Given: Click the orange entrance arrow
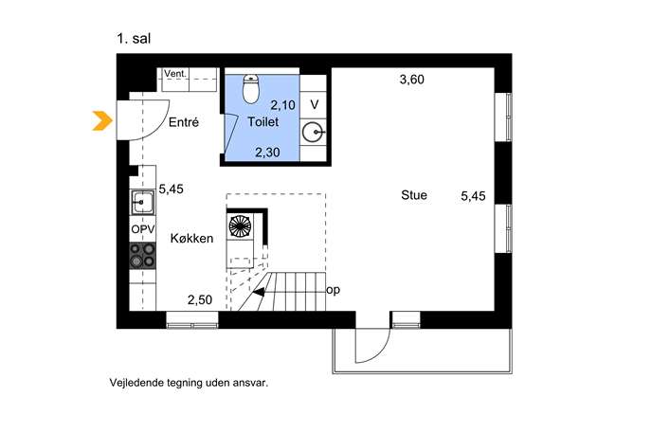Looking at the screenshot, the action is click(102, 121).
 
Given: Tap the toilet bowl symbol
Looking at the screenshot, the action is click(250, 89).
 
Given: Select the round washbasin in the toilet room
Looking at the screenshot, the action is click(313, 133).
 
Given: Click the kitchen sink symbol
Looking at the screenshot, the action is click(142, 202).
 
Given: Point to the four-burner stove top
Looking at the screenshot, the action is click(142, 255).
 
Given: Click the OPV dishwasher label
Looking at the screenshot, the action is click(143, 229).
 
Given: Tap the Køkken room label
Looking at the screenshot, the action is click(191, 239).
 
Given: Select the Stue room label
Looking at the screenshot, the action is click(414, 195).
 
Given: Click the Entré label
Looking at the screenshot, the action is click(184, 122).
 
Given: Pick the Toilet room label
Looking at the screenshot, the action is click(263, 121).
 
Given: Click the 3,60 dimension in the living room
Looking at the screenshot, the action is click(412, 80).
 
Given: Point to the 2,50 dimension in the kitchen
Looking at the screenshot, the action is click(200, 299).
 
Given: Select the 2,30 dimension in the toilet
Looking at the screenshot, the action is click(267, 153).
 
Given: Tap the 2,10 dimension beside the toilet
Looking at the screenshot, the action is click(283, 105).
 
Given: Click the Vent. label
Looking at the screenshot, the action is click(175, 74).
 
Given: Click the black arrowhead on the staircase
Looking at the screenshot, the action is click(259, 292).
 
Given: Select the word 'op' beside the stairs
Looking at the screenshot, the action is click(333, 290).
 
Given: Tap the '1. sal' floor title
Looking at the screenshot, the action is click(134, 39).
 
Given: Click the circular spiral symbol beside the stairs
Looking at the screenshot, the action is click(240, 226).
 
